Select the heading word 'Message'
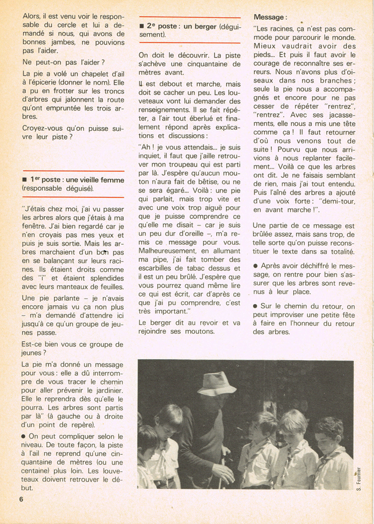click(269, 18)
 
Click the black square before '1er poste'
click(25, 180)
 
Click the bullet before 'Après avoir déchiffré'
click(256, 265)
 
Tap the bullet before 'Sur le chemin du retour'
click(256, 306)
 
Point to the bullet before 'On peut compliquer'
click(25, 436)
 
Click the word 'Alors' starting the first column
click(32, 16)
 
